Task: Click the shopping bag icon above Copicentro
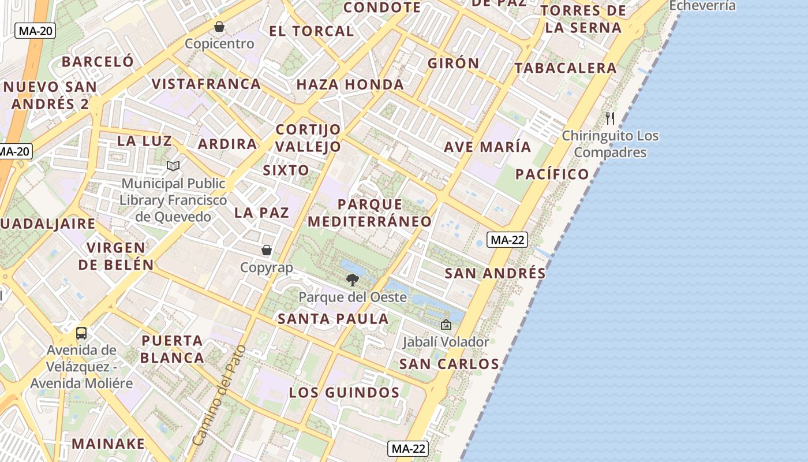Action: click(x=219, y=27)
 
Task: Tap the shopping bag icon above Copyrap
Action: click(x=267, y=250)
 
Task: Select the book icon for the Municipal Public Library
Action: click(x=173, y=166)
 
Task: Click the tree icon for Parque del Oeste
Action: click(x=352, y=281)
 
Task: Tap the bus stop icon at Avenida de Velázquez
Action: click(x=81, y=333)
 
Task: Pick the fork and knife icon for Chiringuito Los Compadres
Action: click(x=610, y=118)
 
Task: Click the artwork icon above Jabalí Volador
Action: click(x=446, y=325)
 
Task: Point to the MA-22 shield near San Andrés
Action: click(x=507, y=240)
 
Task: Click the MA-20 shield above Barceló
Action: click(x=35, y=31)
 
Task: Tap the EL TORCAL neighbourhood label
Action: click(x=312, y=31)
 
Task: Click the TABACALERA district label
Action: click(x=566, y=68)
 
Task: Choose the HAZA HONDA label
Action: click(x=350, y=85)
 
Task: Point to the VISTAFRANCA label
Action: click(x=206, y=84)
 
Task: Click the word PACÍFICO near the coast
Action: click(x=552, y=174)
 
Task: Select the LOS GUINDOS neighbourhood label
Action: click(x=344, y=393)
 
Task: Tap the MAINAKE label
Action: click(x=109, y=444)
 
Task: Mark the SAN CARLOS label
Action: click(x=449, y=364)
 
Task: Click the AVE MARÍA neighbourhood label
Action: click(x=487, y=147)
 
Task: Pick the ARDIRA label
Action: click(x=227, y=144)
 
